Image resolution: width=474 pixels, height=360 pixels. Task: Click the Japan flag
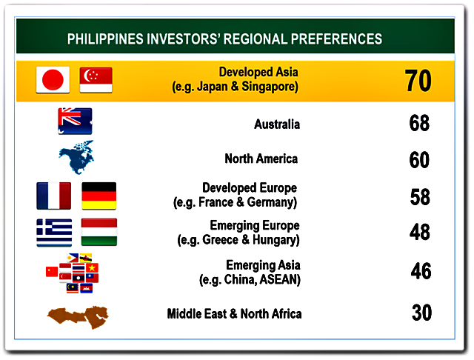click(x=53, y=80)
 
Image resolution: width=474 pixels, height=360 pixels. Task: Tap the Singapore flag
click(x=96, y=80)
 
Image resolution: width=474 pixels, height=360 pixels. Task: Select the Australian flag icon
click(x=75, y=121)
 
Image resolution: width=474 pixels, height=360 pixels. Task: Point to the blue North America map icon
click(x=76, y=157)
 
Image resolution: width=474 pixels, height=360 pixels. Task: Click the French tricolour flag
click(x=54, y=196)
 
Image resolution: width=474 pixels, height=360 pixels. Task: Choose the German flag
click(x=99, y=196)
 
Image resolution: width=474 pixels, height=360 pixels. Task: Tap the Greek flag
click(x=54, y=233)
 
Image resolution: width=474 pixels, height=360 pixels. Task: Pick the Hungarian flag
click(x=99, y=232)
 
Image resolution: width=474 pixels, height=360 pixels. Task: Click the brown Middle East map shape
click(x=78, y=317)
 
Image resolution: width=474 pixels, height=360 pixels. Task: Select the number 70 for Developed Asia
click(x=418, y=81)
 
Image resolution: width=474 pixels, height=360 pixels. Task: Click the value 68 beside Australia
click(x=419, y=123)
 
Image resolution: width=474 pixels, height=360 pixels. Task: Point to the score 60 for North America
click(x=419, y=159)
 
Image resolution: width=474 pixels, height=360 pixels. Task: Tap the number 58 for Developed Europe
click(x=420, y=197)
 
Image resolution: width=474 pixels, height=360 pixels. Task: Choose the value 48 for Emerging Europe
click(x=420, y=232)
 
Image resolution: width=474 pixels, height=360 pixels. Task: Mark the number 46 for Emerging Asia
click(x=421, y=271)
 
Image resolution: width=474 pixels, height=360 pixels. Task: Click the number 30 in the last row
click(x=421, y=313)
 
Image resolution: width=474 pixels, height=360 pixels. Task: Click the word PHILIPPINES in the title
click(x=105, y=39)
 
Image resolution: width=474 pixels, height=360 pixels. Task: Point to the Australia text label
click(x=277, y=124)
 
